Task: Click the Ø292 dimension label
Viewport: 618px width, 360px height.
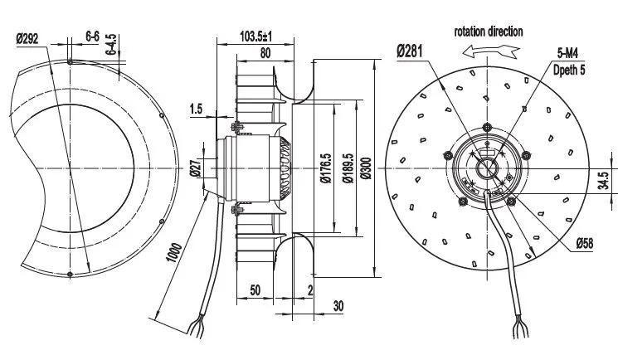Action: tap(27, 39)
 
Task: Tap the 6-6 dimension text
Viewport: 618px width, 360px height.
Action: tap(92, 36)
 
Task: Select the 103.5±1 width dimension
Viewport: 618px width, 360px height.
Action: tap(255, 36)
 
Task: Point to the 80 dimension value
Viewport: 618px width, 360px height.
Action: tap(265, 53)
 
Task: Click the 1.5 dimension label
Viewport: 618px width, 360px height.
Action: tap(196, 109)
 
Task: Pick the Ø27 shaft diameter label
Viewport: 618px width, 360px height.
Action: tap(197, 168)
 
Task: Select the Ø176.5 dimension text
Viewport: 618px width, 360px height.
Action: tap(326, 168)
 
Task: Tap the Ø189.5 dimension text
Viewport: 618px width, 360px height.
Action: tap(348, 168)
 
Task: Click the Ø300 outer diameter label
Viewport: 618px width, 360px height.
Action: tap(367, 168)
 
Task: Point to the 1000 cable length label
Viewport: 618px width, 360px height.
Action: tap(174, 253)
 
